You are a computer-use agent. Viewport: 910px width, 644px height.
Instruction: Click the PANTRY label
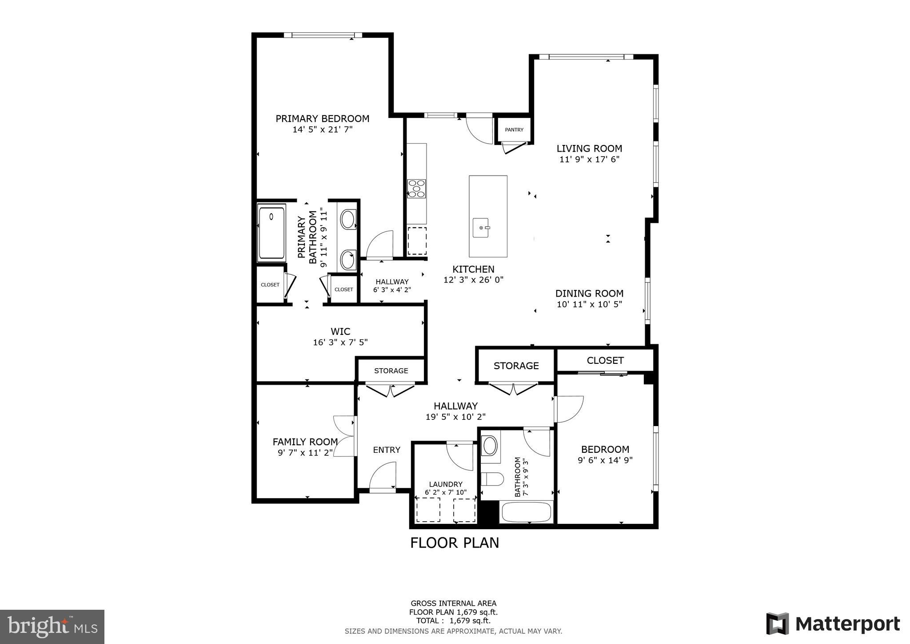click(514, 130)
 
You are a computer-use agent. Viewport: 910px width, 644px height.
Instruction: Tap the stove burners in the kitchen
click(416, 189)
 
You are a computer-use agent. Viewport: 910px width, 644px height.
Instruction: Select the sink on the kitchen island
click(481, 228)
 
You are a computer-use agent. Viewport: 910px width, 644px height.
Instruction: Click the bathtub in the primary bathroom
click(271, 233)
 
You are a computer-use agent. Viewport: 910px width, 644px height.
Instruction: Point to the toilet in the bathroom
click(492, 479)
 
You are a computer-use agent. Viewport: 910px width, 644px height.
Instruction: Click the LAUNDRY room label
click(446, 484)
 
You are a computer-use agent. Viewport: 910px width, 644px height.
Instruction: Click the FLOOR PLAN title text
click(455, 543)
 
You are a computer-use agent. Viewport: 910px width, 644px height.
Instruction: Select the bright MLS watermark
click(52, 627)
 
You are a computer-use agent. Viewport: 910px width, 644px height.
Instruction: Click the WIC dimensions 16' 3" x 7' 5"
click(340, 342)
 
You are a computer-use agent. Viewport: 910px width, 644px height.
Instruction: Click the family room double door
click(345, 436)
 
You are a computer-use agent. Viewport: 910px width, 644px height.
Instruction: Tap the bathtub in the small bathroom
click(527, 513)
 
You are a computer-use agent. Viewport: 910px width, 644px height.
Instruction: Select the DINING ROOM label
click(589, 294)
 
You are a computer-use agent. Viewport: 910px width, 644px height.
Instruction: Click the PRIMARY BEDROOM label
click(322, 119)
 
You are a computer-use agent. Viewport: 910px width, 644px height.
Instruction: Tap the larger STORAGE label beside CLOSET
click(516, 366)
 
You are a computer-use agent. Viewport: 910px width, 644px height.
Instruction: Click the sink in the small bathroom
click(490, 445)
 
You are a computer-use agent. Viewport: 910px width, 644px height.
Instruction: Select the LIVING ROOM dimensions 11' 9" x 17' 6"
click(589, 159)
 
